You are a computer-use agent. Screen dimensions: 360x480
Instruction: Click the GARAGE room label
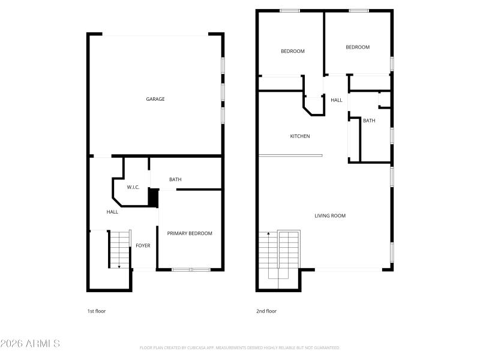coord(155,99)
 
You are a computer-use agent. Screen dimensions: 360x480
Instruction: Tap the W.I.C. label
coord(133,188)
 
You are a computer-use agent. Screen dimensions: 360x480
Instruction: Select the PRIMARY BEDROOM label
coord(190,233)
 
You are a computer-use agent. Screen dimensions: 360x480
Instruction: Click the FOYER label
coord(143,245)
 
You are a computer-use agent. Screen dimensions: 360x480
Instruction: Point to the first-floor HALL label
coord(112,212)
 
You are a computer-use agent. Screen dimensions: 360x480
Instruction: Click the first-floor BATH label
coord(175,179)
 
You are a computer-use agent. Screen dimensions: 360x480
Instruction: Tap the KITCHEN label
coord(300,136)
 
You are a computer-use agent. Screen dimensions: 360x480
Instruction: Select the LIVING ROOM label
coord(330,215)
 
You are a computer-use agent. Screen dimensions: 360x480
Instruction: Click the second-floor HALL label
coord(337,100)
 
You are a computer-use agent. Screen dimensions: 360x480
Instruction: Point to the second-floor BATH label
coord(369,121)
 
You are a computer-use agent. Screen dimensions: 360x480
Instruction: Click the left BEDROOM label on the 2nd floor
coord(293,51)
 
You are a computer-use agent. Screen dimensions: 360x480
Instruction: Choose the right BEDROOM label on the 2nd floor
coord(358,47)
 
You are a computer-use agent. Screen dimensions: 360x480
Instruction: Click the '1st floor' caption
coord(97,311)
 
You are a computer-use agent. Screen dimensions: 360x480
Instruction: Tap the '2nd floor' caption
coord(266,311)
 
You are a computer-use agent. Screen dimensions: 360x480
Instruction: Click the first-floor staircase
coord(119,250)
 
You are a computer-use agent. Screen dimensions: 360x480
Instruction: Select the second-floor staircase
coord(279,254)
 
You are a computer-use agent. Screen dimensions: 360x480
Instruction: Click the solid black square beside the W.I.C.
coord(153,197)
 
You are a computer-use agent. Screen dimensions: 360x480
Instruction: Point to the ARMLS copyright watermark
coord(30,344)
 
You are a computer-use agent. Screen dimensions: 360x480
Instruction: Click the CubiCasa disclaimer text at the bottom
coord(239,347)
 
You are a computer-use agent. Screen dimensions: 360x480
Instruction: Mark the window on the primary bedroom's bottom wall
coord(191,269)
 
